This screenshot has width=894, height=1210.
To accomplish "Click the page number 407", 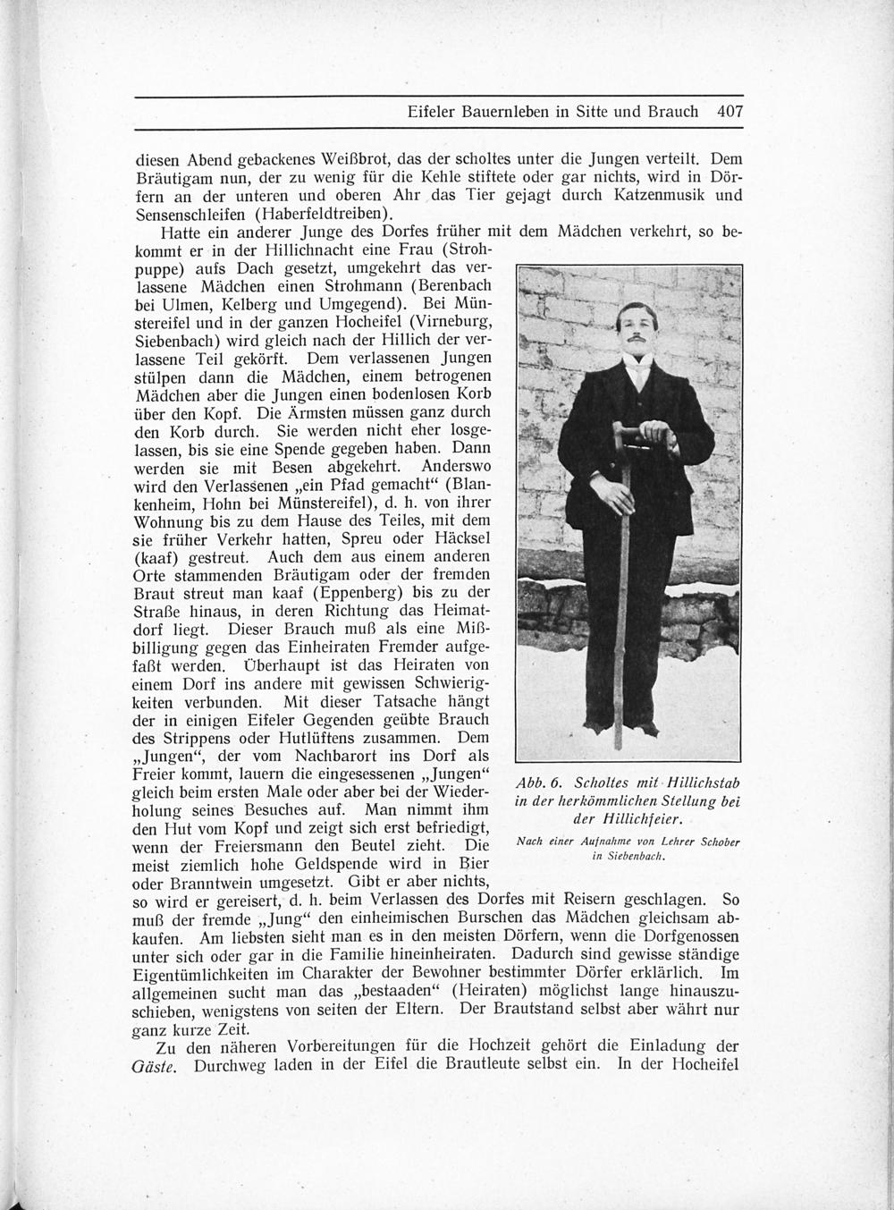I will click(730, 113).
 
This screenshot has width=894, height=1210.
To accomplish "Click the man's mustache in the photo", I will click(637, 340).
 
